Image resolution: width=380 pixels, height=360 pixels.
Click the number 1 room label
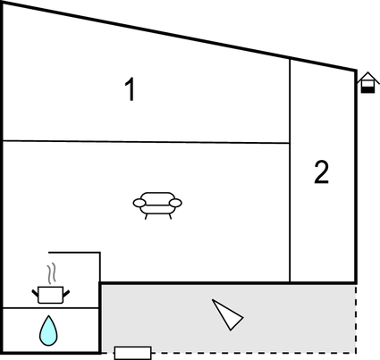(x=130, y=89)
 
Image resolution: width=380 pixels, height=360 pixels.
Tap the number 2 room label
(x=321, y=172)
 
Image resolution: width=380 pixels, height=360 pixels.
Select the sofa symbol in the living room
(x=157, y=205)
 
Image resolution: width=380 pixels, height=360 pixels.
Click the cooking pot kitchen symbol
(x=51, y=295)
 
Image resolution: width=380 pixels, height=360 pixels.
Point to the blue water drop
(x=48, y=331)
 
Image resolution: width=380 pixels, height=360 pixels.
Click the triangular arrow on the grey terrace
(x=228, y=314)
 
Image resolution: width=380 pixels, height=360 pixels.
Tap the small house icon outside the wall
(x=367, y=82)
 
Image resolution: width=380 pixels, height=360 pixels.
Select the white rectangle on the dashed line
(x=133, y=353)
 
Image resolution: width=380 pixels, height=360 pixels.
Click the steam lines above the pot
(x=52, y=272)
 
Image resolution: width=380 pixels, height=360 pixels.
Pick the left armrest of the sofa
(x=139, y=203)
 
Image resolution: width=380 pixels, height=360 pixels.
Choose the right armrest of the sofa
(x=175, y=203)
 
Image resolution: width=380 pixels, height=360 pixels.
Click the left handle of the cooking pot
(x=35, y=293)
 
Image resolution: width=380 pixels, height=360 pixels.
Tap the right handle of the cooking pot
(x=66, y=293)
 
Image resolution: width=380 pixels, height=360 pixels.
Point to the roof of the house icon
(x=368, y=77)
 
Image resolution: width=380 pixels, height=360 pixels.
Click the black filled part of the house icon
(x=367, y=89)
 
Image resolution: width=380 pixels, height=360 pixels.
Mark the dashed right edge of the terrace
(x=356, y=319)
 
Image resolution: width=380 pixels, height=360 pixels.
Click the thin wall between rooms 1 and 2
(x=290, y=171)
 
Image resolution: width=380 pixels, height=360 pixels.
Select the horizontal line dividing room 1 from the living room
(x=146, y=142)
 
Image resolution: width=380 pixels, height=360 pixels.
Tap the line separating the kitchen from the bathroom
(x=51, y=308)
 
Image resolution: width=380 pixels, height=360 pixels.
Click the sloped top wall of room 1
(x=180, y=37)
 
